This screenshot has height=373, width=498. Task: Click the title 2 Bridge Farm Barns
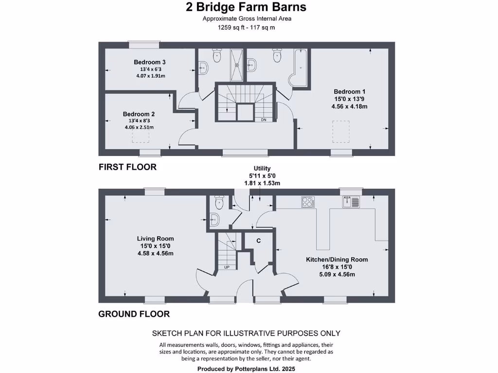[x=246, y=7]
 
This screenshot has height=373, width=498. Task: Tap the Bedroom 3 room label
[x=150, y=62]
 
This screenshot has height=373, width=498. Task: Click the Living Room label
[x=155, y=238]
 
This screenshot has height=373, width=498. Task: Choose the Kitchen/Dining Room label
[x=337, y=259]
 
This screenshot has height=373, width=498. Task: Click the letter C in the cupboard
[x=258, y=241]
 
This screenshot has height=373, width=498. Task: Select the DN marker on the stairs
[x=264, y=119]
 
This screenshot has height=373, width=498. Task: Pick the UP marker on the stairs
[x=227, y=267]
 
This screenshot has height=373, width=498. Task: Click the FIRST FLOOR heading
[x=127, y=167]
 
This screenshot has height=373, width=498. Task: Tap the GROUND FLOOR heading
[x=134, y=314]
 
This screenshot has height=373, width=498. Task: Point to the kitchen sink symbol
[x=350, y=201]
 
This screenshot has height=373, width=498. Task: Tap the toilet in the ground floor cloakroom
[x=217, y=203]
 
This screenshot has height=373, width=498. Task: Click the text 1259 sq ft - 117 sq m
[x=246, y=28]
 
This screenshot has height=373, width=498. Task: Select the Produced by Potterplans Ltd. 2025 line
[x=246, y=369]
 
